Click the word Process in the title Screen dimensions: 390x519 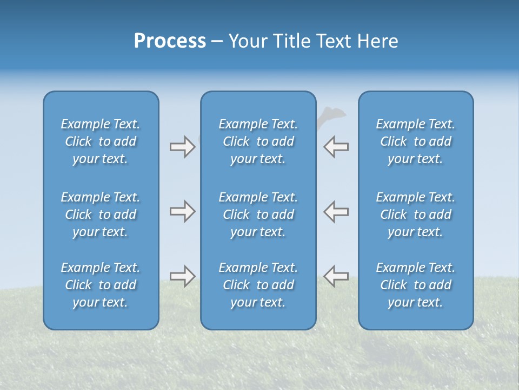pos(170,41)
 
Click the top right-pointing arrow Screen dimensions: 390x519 pos(182,147)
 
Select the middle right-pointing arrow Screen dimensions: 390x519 pos(182,211)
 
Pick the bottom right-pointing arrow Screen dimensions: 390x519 pos(182,276)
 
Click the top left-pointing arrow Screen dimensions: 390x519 pos(336,147)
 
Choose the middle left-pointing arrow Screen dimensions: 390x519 pos(336,211)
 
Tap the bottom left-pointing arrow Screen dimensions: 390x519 pos(336,276)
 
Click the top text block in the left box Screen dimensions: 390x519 pos(101,141)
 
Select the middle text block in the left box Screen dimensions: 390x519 pos(101,214)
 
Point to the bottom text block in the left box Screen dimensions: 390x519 pos(101,285)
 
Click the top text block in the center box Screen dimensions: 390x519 pos(258,141)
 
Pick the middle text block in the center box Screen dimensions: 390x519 pos(258,214)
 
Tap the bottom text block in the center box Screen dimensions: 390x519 pos(258,285)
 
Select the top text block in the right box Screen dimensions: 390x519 pos(416,141)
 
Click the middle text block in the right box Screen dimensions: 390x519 pos(416,214)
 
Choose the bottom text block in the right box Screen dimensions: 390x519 pos(416,285)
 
